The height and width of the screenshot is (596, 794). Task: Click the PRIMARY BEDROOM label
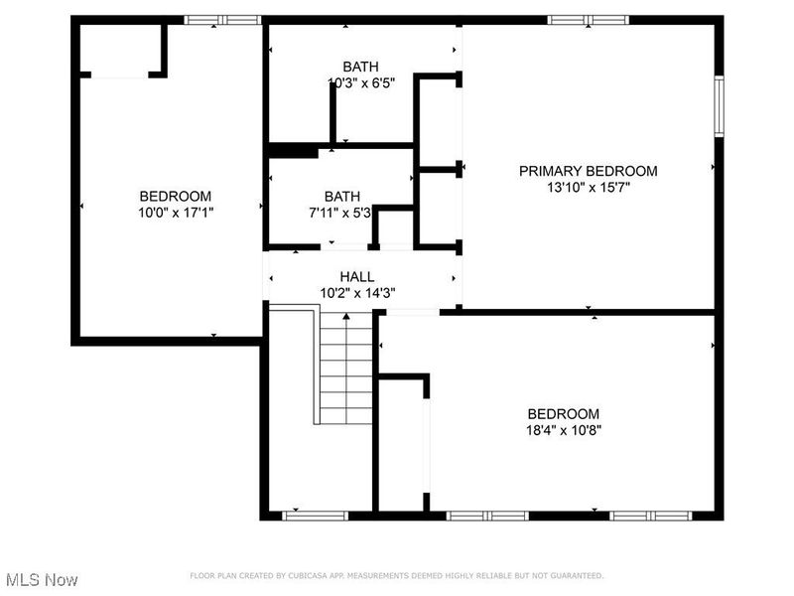tap(588, 171)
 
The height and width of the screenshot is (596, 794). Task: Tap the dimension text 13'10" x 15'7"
tap(588, 187)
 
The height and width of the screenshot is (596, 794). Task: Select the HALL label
tap(357, 277)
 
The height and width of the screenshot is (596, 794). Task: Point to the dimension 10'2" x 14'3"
tap(357, 293)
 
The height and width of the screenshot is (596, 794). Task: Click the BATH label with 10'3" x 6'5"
tap(361, 67)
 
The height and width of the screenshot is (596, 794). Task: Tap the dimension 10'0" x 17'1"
tap(175, 213)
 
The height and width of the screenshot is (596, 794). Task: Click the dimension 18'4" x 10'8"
tap(564, 430)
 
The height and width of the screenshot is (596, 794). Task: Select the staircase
tap(344, 368)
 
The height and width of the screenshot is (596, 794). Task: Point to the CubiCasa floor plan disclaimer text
tap(396, 575)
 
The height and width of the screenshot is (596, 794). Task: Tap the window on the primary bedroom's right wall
tap(719, 106)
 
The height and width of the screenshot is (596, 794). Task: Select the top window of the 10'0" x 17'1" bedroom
tap(222, 19)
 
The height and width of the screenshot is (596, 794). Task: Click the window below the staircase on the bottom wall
tap(316, 516)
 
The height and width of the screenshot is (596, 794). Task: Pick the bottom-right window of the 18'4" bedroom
tap(650, 516)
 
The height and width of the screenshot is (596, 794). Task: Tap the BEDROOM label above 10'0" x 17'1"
tap(175, 197)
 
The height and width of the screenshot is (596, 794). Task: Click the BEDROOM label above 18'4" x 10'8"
tap(564, 414)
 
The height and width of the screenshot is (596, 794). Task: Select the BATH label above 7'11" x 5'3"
tap(342, 197)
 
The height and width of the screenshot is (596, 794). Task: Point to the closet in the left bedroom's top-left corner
tap(121, 50)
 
